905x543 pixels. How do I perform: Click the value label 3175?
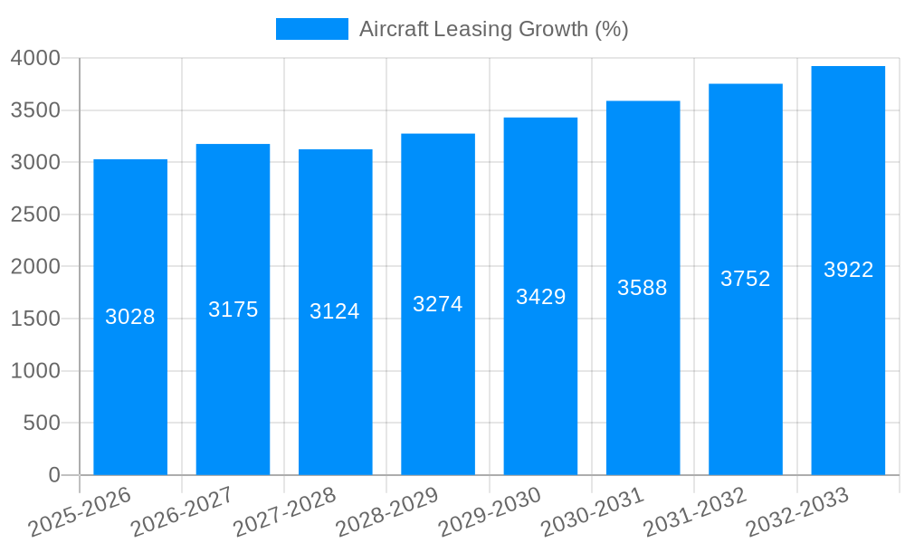(x=233, y=310)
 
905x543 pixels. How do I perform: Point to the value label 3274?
(x=438, y=304)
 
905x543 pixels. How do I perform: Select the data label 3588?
(x=643, y=288)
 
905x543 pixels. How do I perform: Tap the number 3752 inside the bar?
(x=745, y=279)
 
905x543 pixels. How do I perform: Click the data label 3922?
(x=848, y=270)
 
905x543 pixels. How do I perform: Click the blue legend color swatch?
(x=311, y=29)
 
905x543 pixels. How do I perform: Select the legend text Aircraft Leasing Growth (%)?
(x=493, y=29)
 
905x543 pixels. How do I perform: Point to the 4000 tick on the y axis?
(x=35, y=58)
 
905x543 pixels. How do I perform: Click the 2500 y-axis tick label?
(x=35, y=214)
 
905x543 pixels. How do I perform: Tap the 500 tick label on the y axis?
(x=42, y=423)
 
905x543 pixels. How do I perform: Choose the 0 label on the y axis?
(x=53, y=475)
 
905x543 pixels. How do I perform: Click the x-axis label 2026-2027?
(x=182, y=512)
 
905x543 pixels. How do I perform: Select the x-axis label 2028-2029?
(x=387, y=512)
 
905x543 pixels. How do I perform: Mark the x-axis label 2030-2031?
(x=592, y=512)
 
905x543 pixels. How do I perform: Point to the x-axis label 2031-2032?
(x=695, y=512)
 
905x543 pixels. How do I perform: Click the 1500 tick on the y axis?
(x=35, y=319)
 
